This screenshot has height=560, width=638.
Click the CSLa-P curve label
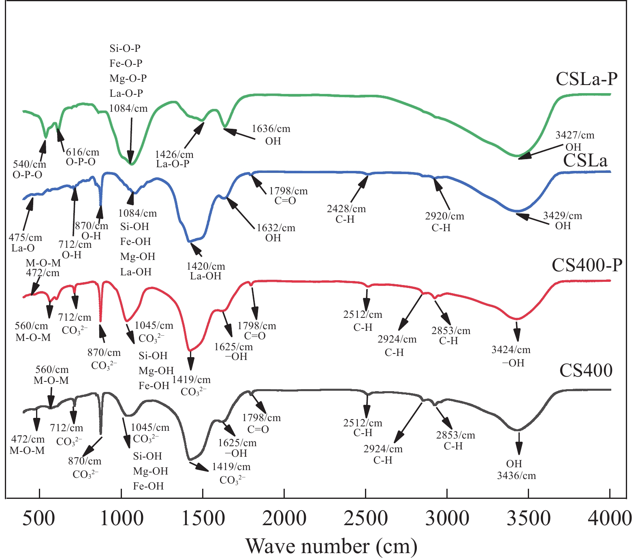point(587,79)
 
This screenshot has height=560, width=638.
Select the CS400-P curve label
point(587,265)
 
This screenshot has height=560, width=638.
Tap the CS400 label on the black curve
point(586,370)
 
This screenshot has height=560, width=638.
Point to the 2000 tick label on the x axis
point(284,519)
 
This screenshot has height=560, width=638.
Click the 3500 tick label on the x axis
point(529,519)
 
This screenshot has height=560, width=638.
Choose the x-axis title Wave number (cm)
point(331,546)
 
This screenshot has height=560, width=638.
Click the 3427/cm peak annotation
point(575,135)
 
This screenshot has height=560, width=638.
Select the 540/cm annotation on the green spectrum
point(30,164)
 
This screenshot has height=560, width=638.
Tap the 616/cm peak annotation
point(82,152)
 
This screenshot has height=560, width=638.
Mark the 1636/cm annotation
point(271,129)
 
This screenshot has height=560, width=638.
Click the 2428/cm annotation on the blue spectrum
point(346,209)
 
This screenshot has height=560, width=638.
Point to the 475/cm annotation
point(25,238)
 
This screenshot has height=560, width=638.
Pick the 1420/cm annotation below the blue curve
point(205,266)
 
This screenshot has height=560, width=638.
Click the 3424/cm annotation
point(511,350)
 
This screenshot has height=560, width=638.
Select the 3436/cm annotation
point(516,475)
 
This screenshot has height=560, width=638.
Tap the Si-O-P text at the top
point(125,49)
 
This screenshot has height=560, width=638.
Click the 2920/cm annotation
point(444,216)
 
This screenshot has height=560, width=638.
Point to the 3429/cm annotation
point(562,216)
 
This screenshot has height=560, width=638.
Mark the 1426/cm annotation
point(174,154)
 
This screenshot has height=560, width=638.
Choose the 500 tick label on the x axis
point(39,519)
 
